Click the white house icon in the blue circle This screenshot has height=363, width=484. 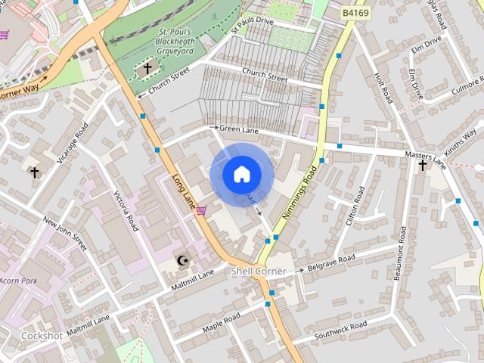coord(241,175)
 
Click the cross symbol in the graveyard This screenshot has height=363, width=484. coord(147,69)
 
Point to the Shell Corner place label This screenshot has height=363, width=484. coord(259,271)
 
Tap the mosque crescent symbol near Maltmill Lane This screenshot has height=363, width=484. coord(181,261)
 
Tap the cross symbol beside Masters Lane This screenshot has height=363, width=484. coord(422,165)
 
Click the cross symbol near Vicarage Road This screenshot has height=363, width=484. coord(34,172)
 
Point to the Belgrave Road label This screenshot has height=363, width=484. coord(331,262)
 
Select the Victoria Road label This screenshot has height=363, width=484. coord(126,211)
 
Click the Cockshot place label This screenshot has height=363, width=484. coord(41,334)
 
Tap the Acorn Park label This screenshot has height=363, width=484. coord(18,281)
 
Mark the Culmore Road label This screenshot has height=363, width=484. coord(455,88)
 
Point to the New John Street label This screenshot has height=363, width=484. coord(64,233)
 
